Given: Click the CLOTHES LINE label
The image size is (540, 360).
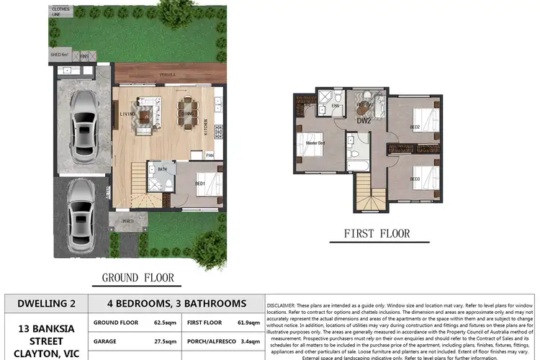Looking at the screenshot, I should tap(60, 12).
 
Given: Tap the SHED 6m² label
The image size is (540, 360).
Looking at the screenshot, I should tap(59, 55).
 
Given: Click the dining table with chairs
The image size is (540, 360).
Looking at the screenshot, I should tap(190, 112).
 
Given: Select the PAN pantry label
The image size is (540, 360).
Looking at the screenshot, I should tap(210, 155).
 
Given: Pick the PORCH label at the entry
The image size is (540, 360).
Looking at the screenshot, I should tap(127, 221).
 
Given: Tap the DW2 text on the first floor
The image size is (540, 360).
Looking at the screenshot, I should tap(364, 121).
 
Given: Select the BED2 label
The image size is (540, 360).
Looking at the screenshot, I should tap(415, 127).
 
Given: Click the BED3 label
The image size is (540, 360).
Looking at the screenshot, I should tap(415, 179).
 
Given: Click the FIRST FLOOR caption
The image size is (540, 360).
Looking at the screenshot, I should tap(377, 233).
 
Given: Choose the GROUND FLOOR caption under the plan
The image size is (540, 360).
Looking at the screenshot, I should tap(138, 277).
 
